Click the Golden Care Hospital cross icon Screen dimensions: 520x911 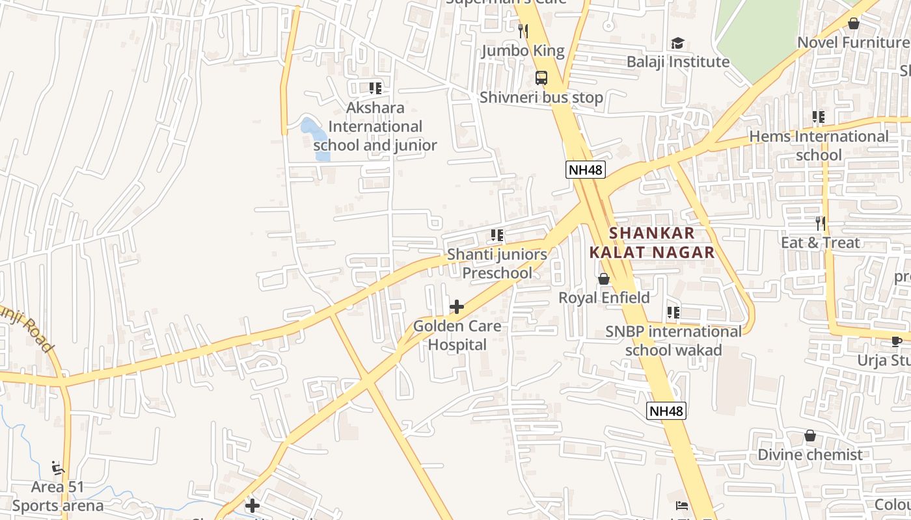[x=457, y=307]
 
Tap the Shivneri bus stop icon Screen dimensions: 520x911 [x=541, y=78]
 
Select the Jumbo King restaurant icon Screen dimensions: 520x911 [x=523, y=31]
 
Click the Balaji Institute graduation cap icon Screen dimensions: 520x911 [x=677, y=44]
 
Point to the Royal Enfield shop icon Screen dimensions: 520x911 [x=604, y=279]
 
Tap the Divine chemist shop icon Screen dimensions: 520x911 [x=810, y=435]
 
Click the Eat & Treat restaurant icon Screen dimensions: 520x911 [x=820, y=224]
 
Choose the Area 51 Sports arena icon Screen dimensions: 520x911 [x=57, y=467]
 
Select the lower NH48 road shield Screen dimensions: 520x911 [x=666, y=411]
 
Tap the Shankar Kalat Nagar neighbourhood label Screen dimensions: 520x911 [x=652, y=242]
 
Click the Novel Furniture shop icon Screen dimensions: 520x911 [x=854, y=23]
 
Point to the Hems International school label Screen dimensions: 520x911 [x=819, y=146]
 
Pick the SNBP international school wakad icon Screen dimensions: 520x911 [x=673, y=313]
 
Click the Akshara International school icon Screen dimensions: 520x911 [x=375, y=88]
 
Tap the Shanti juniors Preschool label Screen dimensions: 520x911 [x=497, y=263]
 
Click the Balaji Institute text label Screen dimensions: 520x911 [x=678, y=62]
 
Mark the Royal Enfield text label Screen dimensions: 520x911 [x=604, y=298]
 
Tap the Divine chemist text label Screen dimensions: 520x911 [x=810, y=454]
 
